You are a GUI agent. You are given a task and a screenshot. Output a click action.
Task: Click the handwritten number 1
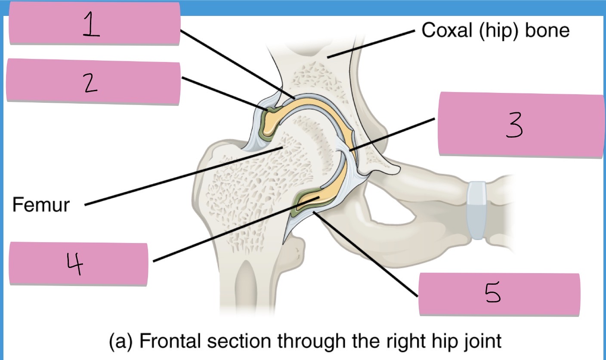pyautogui.click(x=91, y=25)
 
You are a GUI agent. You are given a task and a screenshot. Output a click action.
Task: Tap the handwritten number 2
pyautogui.click(x=91, y=83)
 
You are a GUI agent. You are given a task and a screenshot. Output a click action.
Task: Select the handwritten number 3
pyautogui.click(x=514, y=125)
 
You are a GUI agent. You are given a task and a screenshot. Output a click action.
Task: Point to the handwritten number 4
pyautogui.click(x=75, y=264)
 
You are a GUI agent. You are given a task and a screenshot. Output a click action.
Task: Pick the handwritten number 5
pyautogui.click(x=492, y=292)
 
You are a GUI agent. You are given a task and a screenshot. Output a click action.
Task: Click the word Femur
pyautogui.click(x=41, y=205)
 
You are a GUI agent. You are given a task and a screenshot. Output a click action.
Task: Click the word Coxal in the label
pyautogui.click(x=447, y=30)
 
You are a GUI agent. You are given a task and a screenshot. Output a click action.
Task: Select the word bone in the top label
pyautogui.click(x=547, y=30)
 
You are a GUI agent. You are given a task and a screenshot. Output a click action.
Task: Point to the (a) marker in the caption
pyautogui.click(x=121, y=342)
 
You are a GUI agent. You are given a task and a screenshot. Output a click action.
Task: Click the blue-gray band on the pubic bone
pyautogui.click(x=477, y=210)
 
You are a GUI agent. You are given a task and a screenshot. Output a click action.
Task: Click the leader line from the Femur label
pyautogui.click(x=184, y=176)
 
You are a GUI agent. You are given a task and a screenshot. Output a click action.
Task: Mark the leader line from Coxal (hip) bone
pyautogui.click(x=371, y=44)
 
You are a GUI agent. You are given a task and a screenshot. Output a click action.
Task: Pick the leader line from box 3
pyautogui.click(x=392, y=134)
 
